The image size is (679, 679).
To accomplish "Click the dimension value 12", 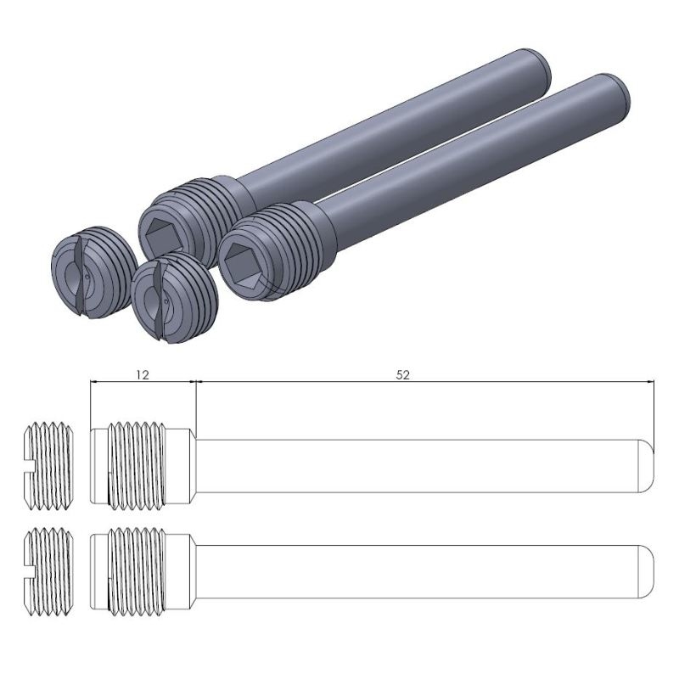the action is pyautogui.click(x=142, y=375).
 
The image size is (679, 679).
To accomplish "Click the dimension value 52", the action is pyautogui.click(x=402, y=375).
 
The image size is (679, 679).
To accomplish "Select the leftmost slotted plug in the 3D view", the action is pyautogui.click(x=93, y=272).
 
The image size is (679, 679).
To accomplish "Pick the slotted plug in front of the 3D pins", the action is pyautogui.click(x=174, y=298).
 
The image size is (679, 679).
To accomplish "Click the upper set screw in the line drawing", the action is pyautogui.click(x=48, y=465).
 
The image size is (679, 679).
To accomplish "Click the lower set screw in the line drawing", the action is pyautogui.click(x=48, y=571).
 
